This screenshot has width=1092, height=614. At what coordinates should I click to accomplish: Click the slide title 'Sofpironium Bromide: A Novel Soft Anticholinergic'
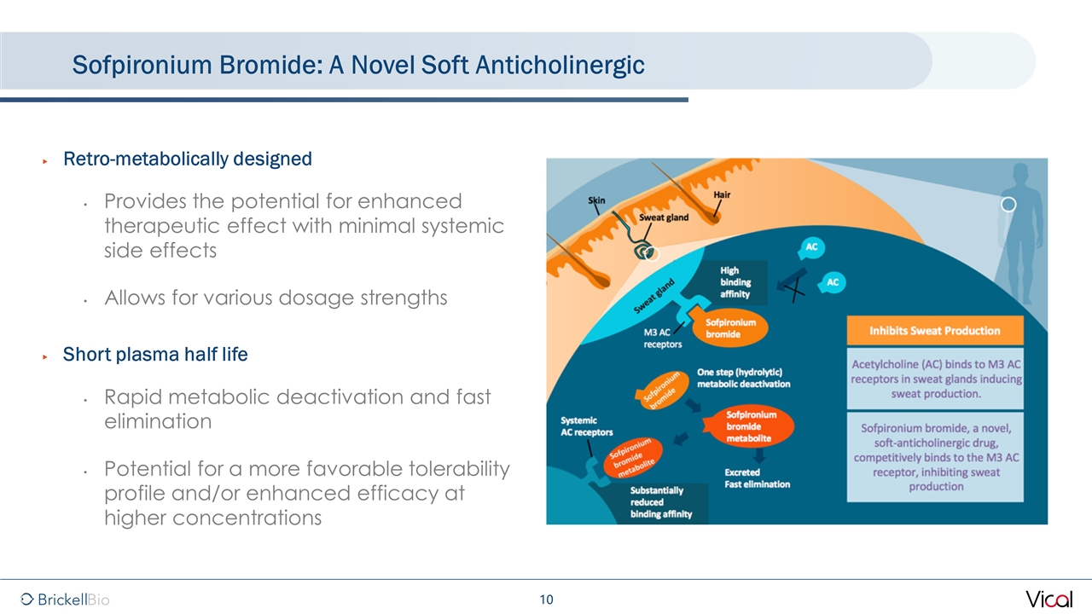click(x=358, y=64)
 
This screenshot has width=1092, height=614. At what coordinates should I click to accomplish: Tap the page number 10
click(x=546, y=600)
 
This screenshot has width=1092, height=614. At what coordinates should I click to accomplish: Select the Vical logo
click(x=1048, y=599)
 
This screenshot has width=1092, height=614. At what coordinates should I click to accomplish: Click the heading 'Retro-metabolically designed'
click(x=188, y=159)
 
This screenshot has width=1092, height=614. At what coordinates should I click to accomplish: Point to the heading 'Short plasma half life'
click(x=155, y=355)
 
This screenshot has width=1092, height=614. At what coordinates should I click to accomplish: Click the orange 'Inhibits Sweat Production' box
click(x=934, y=330)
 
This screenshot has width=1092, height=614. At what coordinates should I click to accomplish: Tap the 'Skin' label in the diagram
click(x=597, y=200)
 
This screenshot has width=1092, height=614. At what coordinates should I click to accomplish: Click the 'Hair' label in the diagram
click(x=722, y=194)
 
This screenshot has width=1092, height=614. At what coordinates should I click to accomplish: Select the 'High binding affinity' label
click(x=735, y=282)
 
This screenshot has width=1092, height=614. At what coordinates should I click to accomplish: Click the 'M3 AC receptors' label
click(x=662, y=339)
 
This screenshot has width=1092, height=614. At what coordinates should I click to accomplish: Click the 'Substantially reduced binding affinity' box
click(x=661, y=502)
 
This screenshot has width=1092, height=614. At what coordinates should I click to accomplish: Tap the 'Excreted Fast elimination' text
click(x=757, y=478)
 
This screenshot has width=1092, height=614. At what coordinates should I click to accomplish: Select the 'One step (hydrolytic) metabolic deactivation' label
click(x=743, y=378)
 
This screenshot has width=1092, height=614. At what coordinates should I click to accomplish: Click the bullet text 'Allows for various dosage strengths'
click(x=276, y=298)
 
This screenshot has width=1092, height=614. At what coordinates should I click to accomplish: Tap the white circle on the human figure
click(x=1008, y=205)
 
